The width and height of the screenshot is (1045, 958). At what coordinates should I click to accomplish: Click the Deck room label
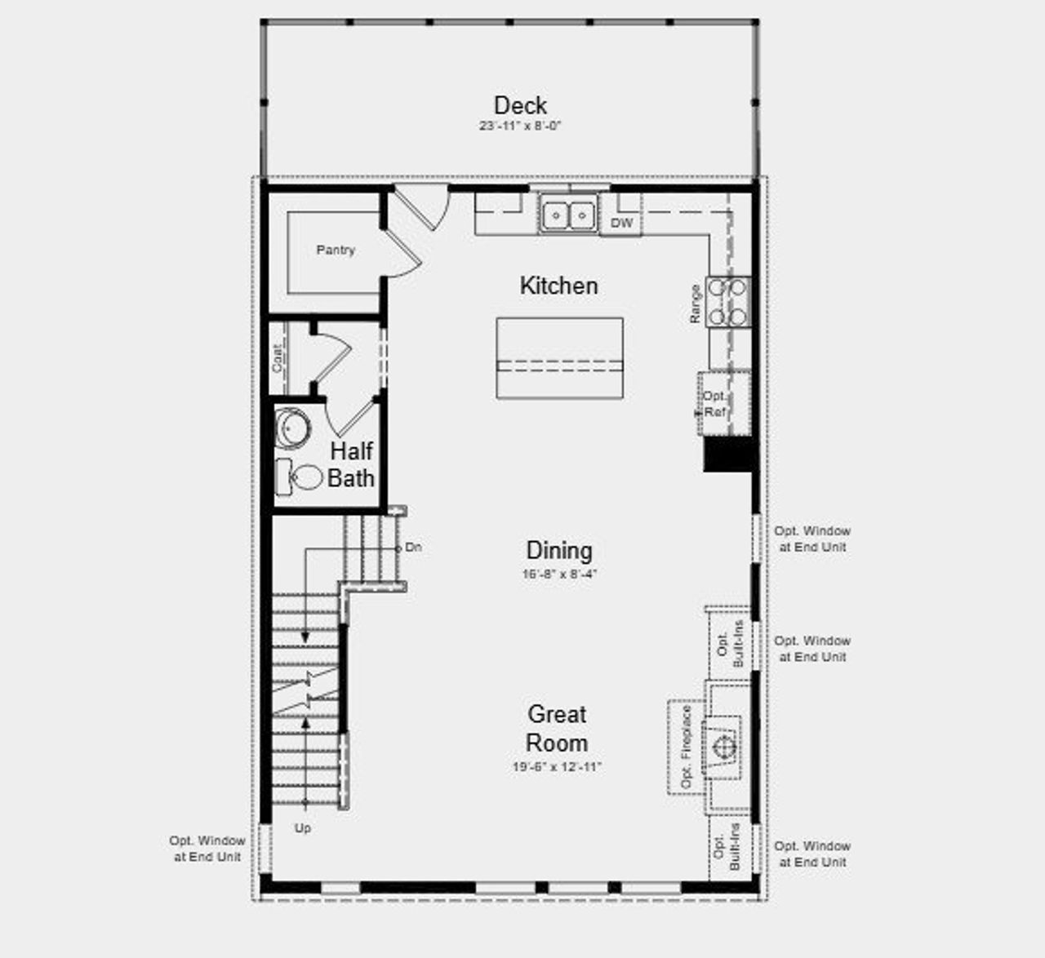(520, 105)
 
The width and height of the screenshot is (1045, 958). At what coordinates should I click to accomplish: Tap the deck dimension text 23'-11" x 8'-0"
(520, 126)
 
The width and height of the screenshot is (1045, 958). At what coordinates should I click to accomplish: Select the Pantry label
(336, 251)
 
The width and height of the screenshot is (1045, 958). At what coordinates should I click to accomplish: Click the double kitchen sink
(568, 215)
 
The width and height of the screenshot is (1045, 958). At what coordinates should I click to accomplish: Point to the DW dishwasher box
(621, 223)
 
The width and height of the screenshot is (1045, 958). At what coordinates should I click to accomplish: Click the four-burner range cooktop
(728, 302)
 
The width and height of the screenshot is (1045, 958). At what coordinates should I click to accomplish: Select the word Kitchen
(558, 286)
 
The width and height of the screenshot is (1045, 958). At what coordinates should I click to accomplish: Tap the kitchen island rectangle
(559, 358)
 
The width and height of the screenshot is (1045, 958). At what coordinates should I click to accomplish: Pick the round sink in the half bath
(290, 428)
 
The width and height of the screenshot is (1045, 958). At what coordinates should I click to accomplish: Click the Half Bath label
(351, 464)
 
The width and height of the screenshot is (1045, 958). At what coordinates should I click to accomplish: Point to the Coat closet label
(278, 358)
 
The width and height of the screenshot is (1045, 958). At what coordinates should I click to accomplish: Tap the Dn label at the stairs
(414, 548)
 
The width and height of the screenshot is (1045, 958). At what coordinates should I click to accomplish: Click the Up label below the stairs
(303, 828)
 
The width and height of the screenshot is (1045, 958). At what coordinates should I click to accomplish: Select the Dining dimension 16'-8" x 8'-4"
(559, 574)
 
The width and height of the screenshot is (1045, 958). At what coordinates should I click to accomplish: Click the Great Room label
(557, 729)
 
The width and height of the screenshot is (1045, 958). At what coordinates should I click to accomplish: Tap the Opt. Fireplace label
(686, 746)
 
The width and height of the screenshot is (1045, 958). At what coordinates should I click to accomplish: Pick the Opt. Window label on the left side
(207, 849)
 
